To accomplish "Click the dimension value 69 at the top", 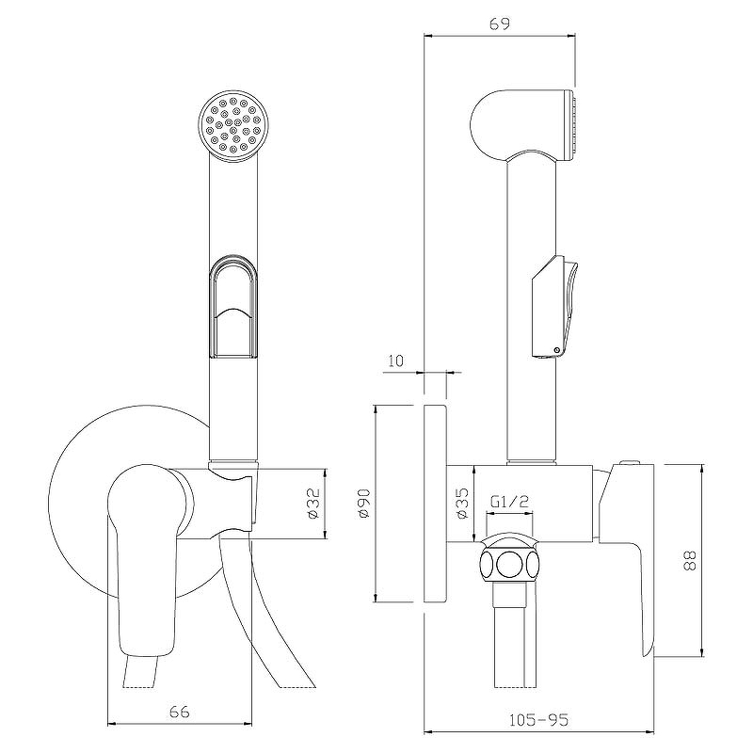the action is [499, 23].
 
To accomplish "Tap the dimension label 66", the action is [180, 712].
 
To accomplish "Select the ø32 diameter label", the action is [312, 504].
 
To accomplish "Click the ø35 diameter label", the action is [461, 504].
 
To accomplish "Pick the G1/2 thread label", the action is [509, 502].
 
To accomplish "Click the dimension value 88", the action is [689, 560].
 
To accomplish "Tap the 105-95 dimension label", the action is [538, 719].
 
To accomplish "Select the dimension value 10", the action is [395, 360].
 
